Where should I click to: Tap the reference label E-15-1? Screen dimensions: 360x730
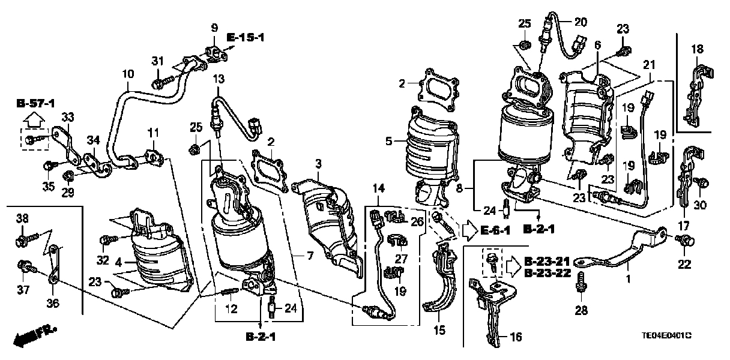[x=246, y=38]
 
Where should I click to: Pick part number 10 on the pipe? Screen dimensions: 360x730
[x=127, y=75]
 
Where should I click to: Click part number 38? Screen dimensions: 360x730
[x=22, y=220]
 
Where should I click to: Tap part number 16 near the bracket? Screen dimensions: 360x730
[x=515, y=337]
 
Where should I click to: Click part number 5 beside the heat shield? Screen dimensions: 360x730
[x=389, y=142]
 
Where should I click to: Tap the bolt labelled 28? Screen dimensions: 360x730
[x=581, y=283]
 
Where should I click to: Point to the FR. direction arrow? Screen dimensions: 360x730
[x=35, y=335]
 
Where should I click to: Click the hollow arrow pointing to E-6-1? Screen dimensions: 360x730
[x=468, y=229]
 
